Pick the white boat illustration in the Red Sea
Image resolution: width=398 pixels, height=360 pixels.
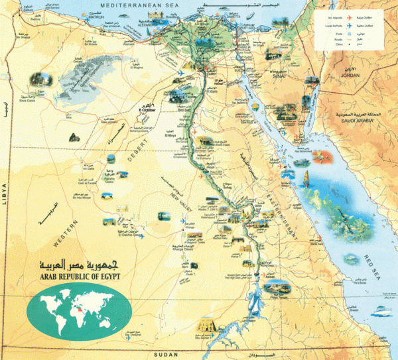[306, 178]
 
